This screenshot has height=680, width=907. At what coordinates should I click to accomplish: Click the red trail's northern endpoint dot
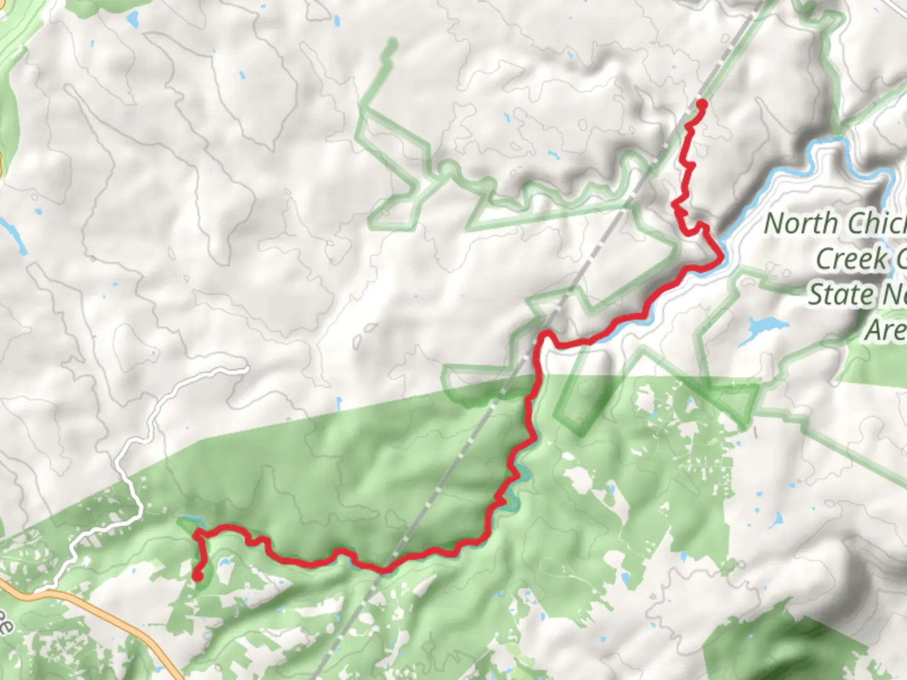(x=700, y=103)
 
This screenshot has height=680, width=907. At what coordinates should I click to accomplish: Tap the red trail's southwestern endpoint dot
(x=197, y=575)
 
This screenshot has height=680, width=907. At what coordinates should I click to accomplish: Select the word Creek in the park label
(x=850, y=259)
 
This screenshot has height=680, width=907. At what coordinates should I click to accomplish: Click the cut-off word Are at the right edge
(x=886, y=329)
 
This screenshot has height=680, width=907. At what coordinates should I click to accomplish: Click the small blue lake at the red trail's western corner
(x=188, y=523)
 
